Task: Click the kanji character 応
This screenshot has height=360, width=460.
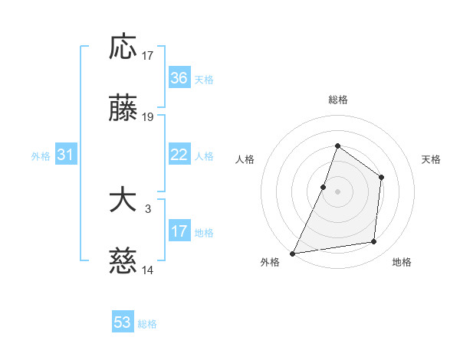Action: [123, 47]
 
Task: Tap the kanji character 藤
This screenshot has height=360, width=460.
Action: [123, 110]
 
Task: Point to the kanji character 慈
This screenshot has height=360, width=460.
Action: [123, 263]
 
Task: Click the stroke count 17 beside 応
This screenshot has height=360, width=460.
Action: [148, 55]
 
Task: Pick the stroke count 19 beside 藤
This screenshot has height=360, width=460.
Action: [148, 117]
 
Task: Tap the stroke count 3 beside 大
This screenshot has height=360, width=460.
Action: [148, 208]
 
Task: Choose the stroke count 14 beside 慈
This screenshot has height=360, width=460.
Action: [148, 270]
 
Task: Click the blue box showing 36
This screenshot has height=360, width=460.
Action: [179, 78]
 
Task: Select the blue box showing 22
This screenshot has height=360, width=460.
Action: [179, 155]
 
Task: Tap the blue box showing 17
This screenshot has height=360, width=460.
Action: [179, 231]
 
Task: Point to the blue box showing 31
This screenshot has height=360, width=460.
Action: [66, 155]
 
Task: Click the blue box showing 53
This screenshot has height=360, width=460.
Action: [123, 322]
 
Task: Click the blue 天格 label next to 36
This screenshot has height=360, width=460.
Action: [204, 80]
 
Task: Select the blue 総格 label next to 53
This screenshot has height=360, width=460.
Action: [147, 324]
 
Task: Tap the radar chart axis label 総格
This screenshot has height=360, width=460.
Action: [337, 100]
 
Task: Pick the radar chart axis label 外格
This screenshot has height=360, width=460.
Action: [270, 262]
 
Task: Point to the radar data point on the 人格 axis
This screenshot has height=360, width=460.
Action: [324, 187]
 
